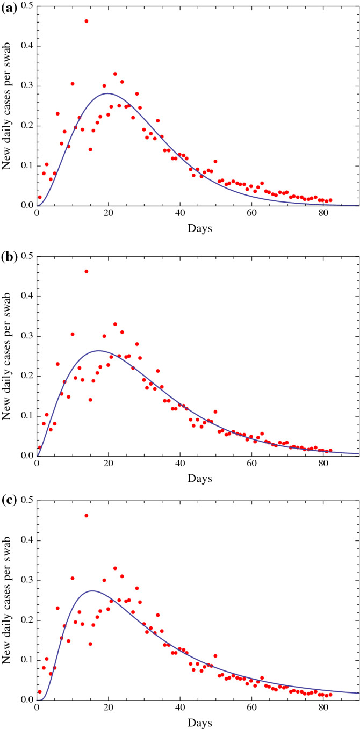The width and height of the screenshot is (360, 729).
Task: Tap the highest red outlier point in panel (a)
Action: pos(87,21)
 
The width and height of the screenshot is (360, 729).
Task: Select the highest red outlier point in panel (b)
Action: pos(87,271)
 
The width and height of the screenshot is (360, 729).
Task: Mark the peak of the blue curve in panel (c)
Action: pos(92,590)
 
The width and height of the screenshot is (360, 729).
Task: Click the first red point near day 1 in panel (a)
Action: pos(40,197)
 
